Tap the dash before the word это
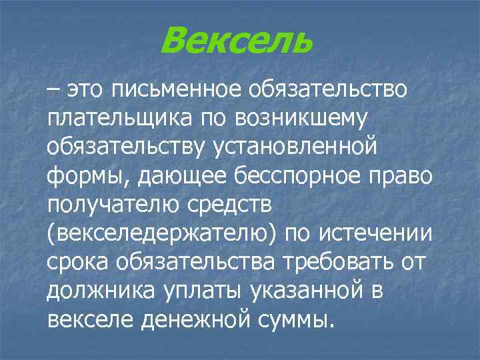pyautogui.click(x=53, y=89)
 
